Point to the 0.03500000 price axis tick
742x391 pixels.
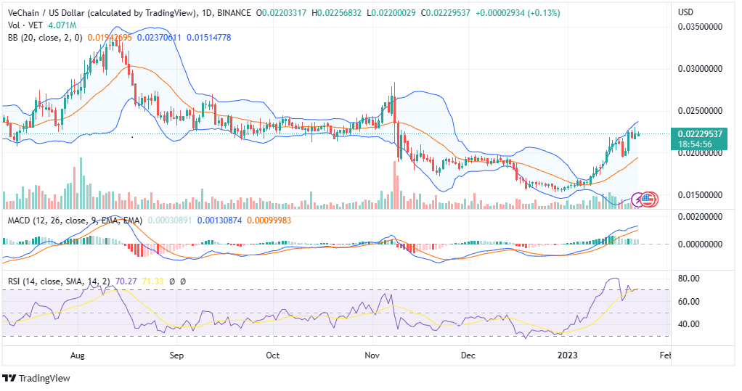click(x=699, y=27)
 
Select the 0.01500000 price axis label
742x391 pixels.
click(x=699, y=195)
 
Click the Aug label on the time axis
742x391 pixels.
click(x=78, y=355)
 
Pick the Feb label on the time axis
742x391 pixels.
click(x=666, y=355)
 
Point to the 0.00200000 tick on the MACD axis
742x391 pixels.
click(x=699, y=217)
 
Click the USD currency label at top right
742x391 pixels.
click(x=686, y=12)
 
